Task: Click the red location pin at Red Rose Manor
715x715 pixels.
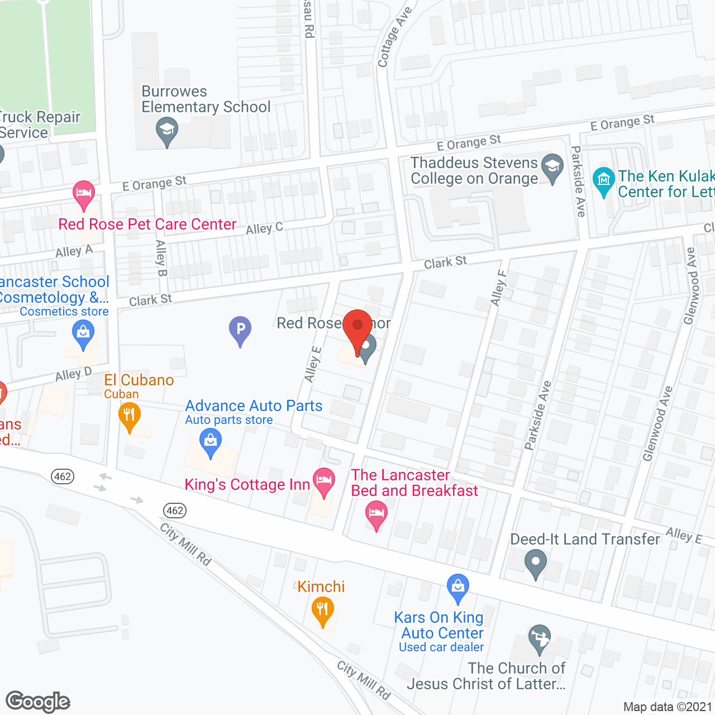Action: (x=357, y=327)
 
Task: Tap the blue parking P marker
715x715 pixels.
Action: (x=240, y=330)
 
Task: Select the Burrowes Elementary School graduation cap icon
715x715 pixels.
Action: (x=166, y=131)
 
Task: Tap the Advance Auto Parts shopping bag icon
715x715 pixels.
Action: (x=211, y=442)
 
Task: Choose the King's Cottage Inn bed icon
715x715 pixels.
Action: (x=324, y=481)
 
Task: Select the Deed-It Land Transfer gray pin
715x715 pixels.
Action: (x=536, y=563)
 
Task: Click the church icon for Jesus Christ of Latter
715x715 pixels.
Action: (x=539, y=638)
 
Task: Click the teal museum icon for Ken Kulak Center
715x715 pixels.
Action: (x=603, y=180)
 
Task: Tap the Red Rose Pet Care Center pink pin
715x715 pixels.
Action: (x=84, y=194)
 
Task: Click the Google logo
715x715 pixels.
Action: (x=38, y=702)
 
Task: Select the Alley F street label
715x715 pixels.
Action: (x=498, y=288)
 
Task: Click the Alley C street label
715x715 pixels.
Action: (x=264, y=228)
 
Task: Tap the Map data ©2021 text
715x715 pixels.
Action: (x=668, y=707)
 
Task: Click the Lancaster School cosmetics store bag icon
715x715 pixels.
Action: (x=83, y=334)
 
